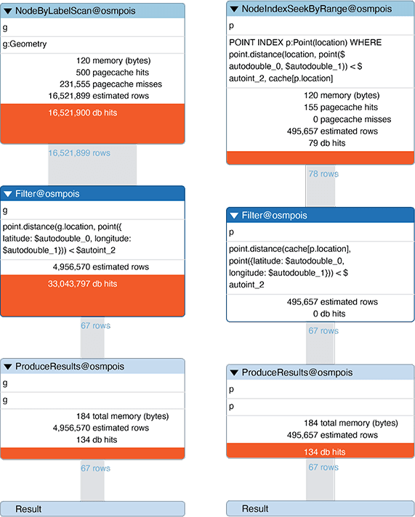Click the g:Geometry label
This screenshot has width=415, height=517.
pyautogui.click(x=25, y=44)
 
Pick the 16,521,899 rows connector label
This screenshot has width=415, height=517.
pyautogui.click(x=78, y=153)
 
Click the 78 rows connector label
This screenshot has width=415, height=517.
pyautogui.click(x=323, y=174)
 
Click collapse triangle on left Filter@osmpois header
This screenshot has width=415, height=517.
pyautogui.click(x=8, y=194)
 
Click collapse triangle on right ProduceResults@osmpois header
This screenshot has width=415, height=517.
pyautogui.click(x=234, y=373)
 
